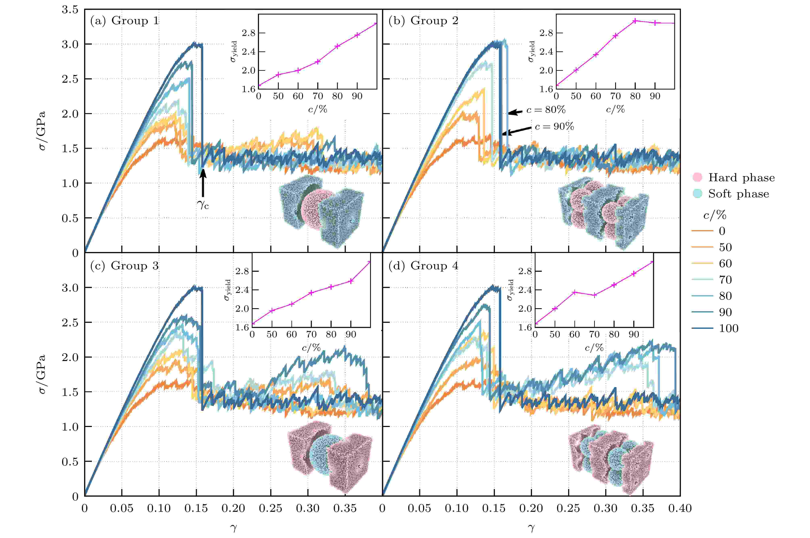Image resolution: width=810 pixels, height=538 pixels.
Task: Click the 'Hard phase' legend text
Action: click(741, 178)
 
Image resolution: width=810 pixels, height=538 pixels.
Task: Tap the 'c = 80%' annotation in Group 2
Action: click(546, 110)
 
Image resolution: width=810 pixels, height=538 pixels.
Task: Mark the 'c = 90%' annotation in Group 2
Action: click(554, 127)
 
